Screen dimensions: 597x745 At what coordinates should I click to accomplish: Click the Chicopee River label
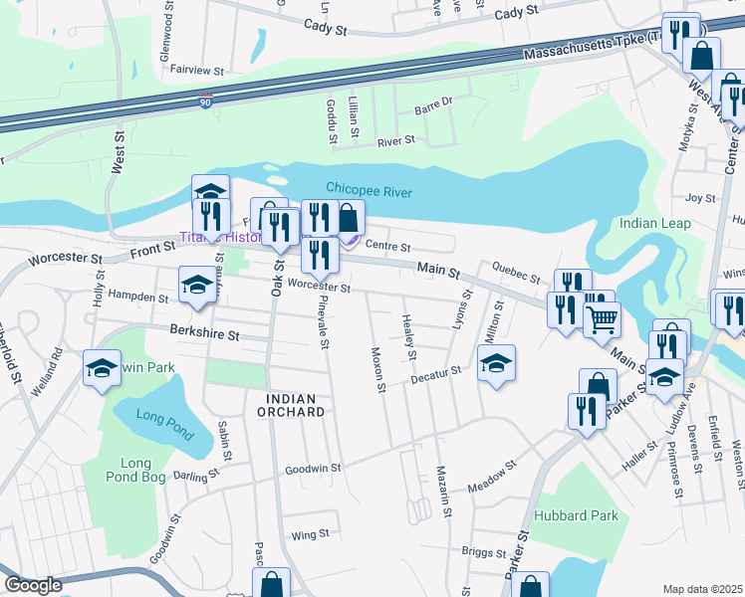pyautogui.click(x=369, y=190)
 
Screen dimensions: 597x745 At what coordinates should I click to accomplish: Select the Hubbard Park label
pyautogui.click(x=576, y=515)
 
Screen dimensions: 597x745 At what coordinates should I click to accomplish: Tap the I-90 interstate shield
pyautogui.click(x=203, y=102)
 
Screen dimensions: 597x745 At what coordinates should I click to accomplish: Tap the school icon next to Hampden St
pyautogui.click(x=196, y=286)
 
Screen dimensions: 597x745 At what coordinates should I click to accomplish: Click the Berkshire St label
pyautogui.click(x=204, y=336)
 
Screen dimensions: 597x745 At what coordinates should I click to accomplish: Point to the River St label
pyautogui.click(x=395, y=141)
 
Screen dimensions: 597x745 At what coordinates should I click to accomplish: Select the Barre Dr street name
pyautogui.click(x=433, y=101)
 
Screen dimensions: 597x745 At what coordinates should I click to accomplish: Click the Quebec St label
pyautogui.click(x=515, y=272)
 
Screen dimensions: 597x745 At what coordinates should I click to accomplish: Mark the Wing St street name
pyautogui.click(x=310, y=534)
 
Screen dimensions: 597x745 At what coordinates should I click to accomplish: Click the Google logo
pyautogui.click(x=32, y=585)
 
